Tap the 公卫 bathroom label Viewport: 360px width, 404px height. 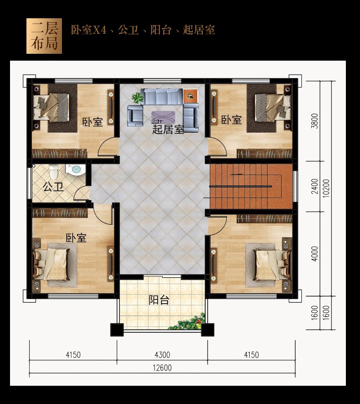point(53,187)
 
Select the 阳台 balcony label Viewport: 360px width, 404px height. point(159,300)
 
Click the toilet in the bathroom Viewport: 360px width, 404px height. point(54,171)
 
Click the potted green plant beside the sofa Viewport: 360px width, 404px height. point(137,98)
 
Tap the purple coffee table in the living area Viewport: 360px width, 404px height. point(163,117)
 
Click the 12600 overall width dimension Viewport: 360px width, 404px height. point(162,368)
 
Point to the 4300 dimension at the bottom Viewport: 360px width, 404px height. point(162,355)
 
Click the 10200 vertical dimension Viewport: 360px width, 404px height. point(326,188)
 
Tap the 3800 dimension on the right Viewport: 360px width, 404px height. point(315,121)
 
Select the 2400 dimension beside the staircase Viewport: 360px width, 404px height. point(315,186)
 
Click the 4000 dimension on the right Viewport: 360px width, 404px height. point(315,254)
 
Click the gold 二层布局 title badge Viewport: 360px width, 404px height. point(44,36)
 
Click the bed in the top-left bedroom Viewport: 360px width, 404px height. point(51,107)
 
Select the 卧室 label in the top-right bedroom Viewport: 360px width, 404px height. point(231,120)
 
